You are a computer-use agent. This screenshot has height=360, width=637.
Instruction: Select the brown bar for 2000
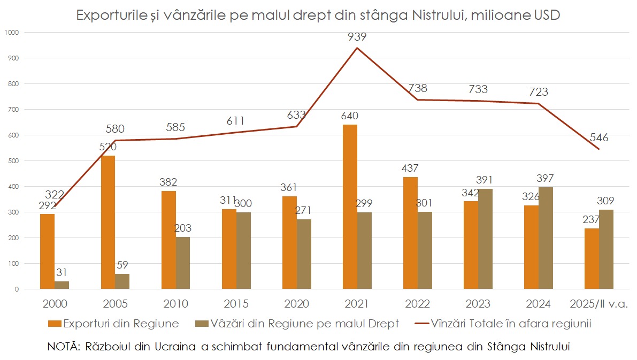pos(62,285)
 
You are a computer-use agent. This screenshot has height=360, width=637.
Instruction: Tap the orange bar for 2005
pos(108,223)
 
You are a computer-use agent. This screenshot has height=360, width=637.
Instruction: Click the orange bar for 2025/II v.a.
pos(592,259)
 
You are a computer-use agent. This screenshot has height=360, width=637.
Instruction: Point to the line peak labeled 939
pos(357,48)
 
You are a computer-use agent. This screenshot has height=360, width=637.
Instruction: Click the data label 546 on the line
pos(598,138)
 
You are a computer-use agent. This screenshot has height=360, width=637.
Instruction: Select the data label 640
pos(349,116)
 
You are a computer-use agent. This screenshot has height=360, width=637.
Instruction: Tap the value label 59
pos(122,265)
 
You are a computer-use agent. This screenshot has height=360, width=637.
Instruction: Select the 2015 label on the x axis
pos(236,304)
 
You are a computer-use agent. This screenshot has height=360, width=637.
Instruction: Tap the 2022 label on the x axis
pos(417,304)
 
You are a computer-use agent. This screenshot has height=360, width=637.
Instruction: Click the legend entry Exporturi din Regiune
pos(121,323)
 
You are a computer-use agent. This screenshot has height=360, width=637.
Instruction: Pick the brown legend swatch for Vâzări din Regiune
pos(202,324)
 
